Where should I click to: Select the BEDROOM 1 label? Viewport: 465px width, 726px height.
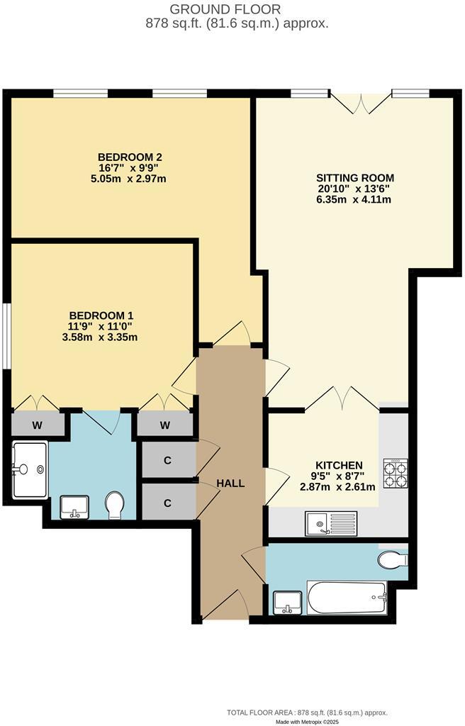pyautogui.click(x=101, y=315)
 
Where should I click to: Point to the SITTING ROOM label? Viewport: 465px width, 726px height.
pyautogui.click(x=355, y=178)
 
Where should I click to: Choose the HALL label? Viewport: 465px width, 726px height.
pyautogui.click(x=230, y=484)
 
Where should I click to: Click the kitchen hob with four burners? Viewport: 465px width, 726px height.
pyautogui.click(x=395, y=473)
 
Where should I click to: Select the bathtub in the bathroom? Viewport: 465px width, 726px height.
pyautogui.click(x=347, y=596)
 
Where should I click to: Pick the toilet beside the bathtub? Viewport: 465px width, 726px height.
pyautogui.click(x=393, y=559)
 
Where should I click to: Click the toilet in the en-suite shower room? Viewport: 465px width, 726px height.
pyautogui.click(x=114, y=506)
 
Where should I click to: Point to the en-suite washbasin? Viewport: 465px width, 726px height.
pyautogui.click(x=74, y=507)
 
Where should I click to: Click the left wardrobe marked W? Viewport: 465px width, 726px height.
pyautogui.click(x=36, y=426)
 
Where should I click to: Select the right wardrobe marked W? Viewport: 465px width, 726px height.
pyautogui.click(x=165, y=425)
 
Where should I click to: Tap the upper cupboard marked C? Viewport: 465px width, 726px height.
pyautogui.click(x=168, y=459)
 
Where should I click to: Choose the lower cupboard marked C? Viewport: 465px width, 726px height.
pyautogui.click(x=168, y=502)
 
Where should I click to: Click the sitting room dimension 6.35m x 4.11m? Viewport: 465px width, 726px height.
pyautogui.click(x=355, y=199)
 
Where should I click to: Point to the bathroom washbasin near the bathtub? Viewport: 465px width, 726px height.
pyautogui.click(x=288, y=601)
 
